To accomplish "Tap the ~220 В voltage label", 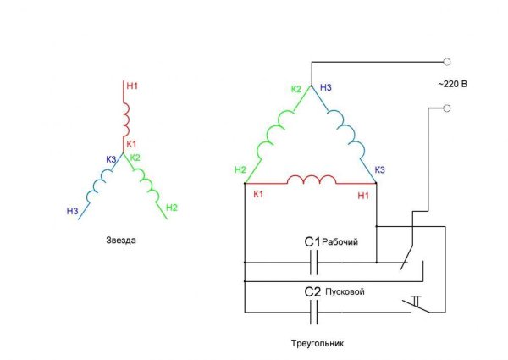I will (451, 84).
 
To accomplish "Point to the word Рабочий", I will (341, 243).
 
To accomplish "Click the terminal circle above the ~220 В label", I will (446, 61).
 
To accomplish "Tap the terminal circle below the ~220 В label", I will (446, 108).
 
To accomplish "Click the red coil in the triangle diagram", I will (311, 180).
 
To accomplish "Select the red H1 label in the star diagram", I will (130, 85).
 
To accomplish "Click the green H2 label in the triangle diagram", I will (240, 171).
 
